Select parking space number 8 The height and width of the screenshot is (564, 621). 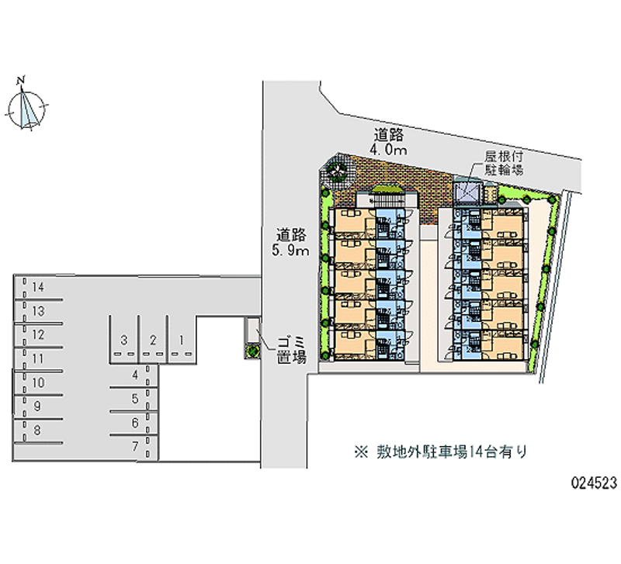37,429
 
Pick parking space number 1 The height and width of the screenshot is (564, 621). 180,339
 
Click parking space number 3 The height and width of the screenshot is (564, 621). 123,339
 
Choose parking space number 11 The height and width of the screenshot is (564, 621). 37,358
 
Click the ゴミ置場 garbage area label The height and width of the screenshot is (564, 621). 292,350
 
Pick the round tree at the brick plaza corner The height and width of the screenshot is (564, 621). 338,171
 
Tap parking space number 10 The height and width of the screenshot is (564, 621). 37,382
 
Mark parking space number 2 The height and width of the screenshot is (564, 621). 153,339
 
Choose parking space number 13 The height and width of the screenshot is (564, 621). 37,311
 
